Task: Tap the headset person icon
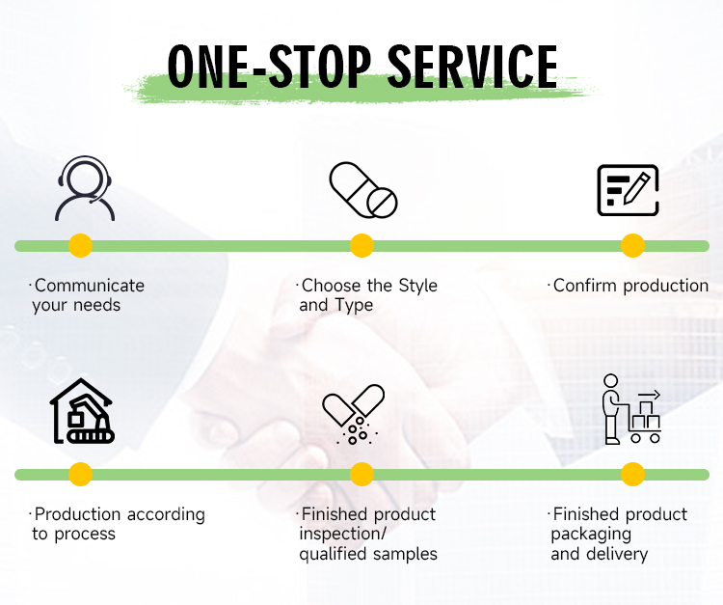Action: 84,189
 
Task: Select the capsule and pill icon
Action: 362,189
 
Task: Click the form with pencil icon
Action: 628,190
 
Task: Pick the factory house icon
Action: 82,410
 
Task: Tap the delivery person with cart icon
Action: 630,409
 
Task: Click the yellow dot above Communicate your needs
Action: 81,246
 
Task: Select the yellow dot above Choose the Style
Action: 361,246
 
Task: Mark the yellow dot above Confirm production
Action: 632,246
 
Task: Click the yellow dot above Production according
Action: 81,474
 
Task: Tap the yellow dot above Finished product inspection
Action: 361,474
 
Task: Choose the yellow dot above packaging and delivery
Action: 632,474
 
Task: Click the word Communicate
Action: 89,286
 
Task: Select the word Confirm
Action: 582,286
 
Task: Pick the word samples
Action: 406,554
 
